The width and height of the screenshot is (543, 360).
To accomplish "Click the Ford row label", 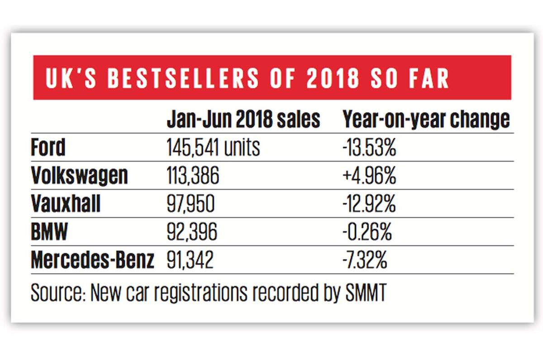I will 48,148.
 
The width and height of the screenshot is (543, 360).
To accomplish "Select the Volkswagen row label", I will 79,175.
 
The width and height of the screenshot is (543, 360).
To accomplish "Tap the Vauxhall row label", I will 66,204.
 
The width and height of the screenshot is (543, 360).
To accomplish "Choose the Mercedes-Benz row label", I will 92,260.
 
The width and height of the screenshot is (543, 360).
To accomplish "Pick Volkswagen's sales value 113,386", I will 193,175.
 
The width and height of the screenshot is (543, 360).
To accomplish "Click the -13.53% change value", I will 369,148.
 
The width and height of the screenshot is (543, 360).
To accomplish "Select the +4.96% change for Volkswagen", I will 369,175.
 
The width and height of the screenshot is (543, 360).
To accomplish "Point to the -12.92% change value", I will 369,204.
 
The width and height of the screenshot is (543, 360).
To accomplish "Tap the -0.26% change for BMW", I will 367,233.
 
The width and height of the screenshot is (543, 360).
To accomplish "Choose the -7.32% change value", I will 365,260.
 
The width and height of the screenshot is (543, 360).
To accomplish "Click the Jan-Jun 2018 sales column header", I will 243,120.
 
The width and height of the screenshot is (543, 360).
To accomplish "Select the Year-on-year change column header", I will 426,120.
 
